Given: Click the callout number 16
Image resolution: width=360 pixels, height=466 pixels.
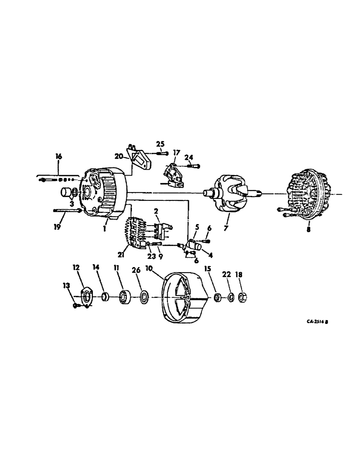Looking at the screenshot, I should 58,157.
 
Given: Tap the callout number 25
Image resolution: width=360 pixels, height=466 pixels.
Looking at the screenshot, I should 160,143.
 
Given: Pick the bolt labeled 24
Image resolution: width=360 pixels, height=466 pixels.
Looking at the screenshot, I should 192,166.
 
